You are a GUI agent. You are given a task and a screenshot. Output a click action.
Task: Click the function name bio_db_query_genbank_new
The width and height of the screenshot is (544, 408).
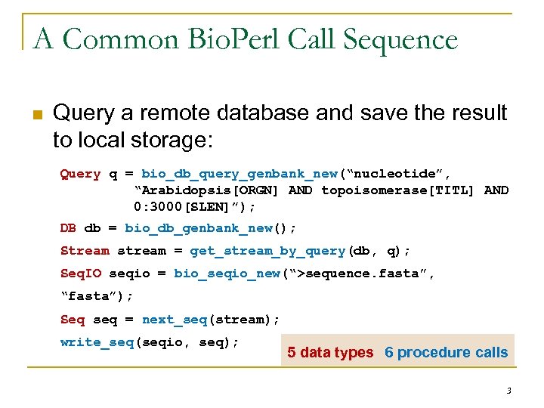pyautogui.click(x=240, y=174)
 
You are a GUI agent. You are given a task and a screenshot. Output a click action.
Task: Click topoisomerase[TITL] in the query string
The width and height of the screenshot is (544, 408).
pyautogui.click(x=397, y=190)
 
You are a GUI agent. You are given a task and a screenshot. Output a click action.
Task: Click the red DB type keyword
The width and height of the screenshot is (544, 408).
pyautogui.click(x=68, y=227)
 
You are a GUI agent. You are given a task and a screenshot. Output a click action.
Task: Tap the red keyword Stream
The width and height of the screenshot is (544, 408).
pyautogui.click(x=85, y=251)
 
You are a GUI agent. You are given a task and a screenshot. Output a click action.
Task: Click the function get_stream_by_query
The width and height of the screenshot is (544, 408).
pyautogui.click(x=267, y=251)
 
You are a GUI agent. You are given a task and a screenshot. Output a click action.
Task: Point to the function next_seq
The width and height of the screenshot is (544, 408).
pyautogui.click(x=174, y=320)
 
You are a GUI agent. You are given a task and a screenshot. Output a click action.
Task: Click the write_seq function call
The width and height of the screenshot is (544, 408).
pyautogui.click(x=97, y=342)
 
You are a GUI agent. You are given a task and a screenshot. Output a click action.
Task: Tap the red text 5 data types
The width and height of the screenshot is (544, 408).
pyautogui.click(x=330, y=353)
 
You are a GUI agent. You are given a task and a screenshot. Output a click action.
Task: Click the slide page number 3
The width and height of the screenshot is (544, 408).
pyautogui.click(x=508, y=391)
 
